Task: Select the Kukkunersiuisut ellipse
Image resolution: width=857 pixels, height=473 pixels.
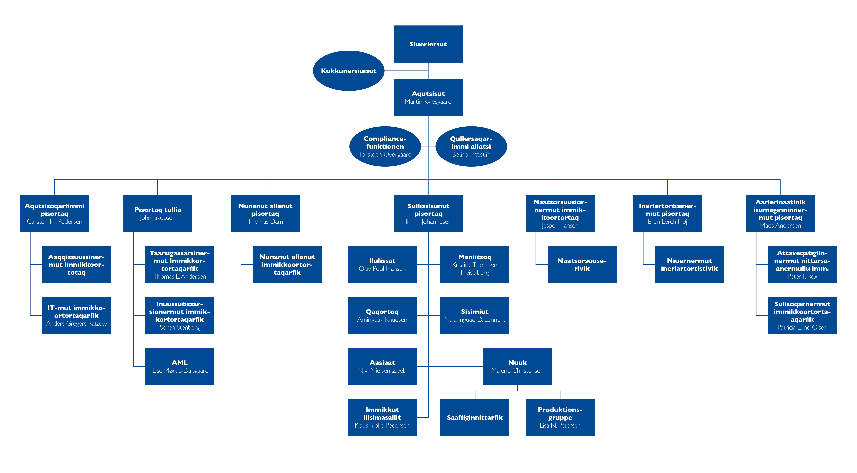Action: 349,71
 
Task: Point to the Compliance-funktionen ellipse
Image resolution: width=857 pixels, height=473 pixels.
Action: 385,146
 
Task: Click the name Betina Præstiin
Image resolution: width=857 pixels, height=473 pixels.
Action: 471,154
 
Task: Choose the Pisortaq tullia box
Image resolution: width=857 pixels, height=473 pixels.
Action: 158,214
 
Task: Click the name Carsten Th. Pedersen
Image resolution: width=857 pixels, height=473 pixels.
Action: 55,222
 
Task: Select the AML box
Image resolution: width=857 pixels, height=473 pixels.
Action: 180,366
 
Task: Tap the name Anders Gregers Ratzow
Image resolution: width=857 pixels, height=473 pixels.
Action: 76,323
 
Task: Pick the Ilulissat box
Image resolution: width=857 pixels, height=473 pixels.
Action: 382,265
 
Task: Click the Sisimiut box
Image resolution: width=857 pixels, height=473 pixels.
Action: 475,315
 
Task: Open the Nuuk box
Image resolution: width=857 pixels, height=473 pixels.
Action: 517,366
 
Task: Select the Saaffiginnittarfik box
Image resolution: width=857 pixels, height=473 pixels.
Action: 475,417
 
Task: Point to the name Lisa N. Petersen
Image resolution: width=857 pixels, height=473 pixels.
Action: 560,425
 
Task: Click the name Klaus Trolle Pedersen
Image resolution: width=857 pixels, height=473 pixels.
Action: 382,425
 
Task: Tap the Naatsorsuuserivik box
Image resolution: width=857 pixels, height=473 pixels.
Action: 582,265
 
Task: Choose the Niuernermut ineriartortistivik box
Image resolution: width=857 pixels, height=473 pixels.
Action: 689,265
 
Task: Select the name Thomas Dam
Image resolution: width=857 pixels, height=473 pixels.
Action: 265,222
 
